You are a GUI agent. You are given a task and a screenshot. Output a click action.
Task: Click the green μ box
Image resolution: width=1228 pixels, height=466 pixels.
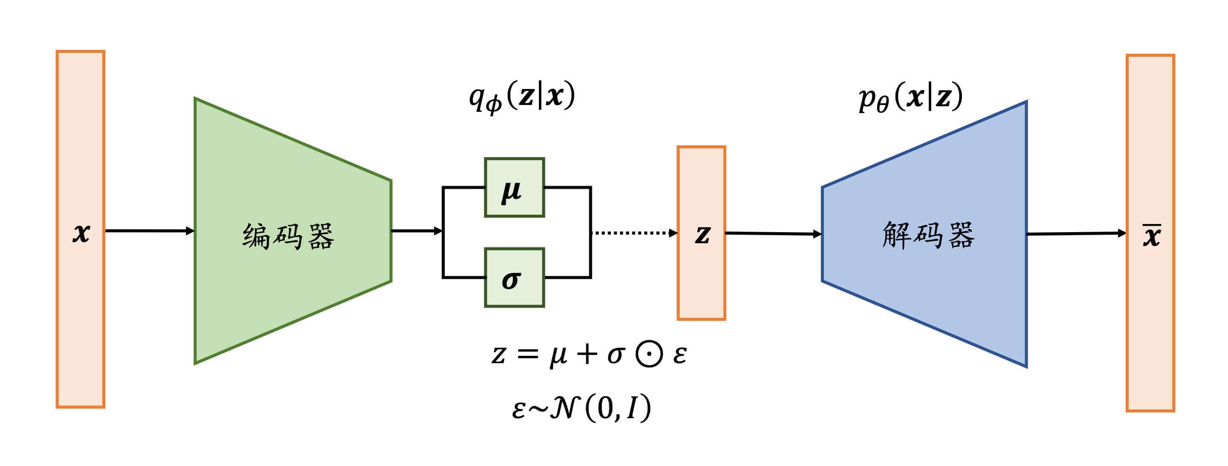pyautogui.click(x=514, y=187)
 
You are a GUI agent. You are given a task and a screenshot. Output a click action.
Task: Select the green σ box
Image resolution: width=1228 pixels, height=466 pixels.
pyautogui.click(x=514, y=278)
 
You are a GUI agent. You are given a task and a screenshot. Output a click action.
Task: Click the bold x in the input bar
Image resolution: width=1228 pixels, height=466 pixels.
pyautogui.click(x=81, y=233)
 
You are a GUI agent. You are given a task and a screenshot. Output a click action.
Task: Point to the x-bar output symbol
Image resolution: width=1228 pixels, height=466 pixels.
pyautogui.click(x=1151, y=235)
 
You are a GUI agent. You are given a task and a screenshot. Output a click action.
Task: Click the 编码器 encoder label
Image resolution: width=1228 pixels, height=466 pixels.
pyautogui.click(x=288, y=236)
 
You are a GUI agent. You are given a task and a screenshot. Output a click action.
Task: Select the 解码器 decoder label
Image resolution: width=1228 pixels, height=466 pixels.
pyautogui.click(x=928, y=235)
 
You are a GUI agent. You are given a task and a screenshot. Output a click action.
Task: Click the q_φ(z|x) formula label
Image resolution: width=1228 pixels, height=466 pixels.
pyautogui.click(x=522, y=97)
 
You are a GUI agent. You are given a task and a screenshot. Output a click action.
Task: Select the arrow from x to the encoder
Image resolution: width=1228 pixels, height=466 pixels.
pyautogui.click(x=149, y=231)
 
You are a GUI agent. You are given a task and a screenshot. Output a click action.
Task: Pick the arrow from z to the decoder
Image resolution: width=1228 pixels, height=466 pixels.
pyautogui.click(x=773, y=234)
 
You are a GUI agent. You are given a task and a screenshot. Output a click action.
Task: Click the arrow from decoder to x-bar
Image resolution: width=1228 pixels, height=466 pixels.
pyautogui.click(x=1075, y=234)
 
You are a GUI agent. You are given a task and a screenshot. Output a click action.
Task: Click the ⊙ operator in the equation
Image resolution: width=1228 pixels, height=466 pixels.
pyautogui.click(x=649, y=354)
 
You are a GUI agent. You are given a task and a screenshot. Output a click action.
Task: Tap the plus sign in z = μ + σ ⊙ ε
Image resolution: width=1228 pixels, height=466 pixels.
pyautogui.click(x=587, y=354)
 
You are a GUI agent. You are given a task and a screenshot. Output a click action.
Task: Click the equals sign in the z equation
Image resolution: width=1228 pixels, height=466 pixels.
pyautogui.click(x=528, y=354)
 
